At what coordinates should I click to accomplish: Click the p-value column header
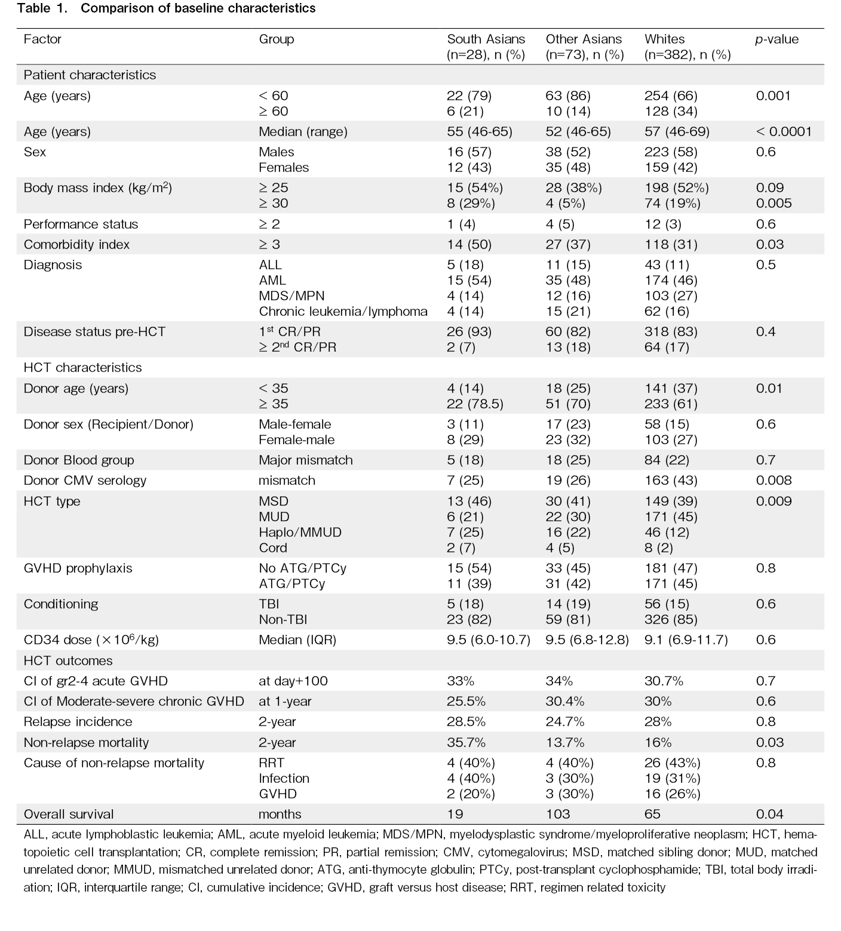[x=776, y=39]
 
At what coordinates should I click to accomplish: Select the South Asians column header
[x=486, y=47]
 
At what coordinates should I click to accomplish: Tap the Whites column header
[x=687, y=47]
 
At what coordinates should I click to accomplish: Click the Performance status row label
[x=81, y=224]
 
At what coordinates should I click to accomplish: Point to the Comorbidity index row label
[x=76, y=244]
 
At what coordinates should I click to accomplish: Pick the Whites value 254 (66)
[x=671, y=96]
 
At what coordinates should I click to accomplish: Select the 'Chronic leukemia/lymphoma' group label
[x=343, y=311]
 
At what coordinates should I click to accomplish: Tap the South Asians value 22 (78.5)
[x=475, y=404]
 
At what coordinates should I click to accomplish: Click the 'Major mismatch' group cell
[x=306, y=460]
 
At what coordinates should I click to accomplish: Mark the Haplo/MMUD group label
[x=300, y=532]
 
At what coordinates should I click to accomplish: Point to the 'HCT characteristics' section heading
[x=83, y=367]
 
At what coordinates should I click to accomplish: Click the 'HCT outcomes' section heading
[x=68, y=660]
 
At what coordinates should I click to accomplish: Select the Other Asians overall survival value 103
[x=558, y=814]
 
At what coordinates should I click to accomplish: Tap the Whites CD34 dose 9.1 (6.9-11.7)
[x=686, y=640]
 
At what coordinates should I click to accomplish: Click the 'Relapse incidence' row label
[x=78, y=721]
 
